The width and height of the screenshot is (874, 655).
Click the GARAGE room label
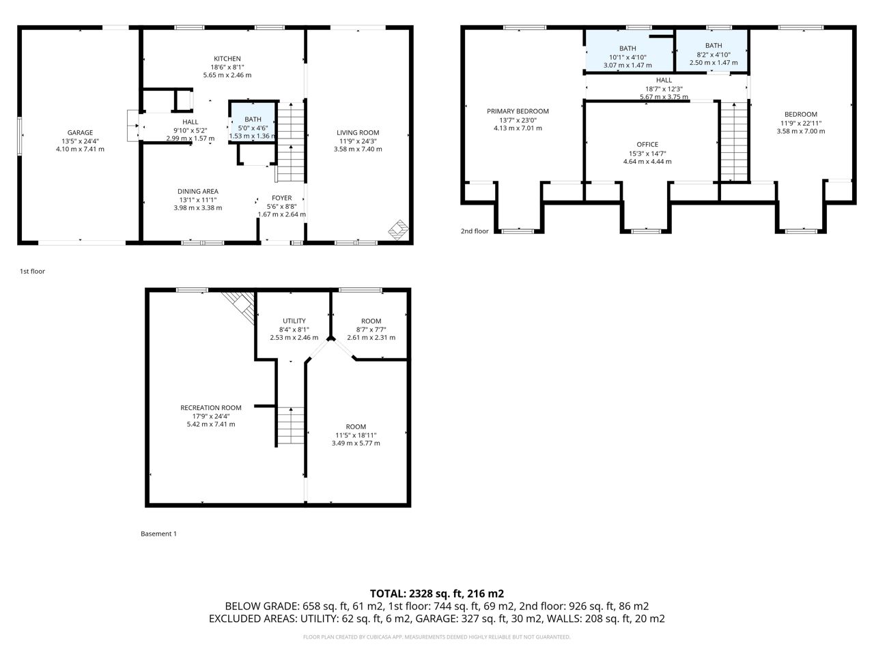click(80, 132)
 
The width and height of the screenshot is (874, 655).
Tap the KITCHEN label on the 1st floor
click(227, 59)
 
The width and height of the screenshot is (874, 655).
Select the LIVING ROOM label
click(358, 132)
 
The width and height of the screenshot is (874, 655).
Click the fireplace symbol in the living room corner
click(398, 230)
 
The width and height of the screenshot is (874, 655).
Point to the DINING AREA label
click(198, 191)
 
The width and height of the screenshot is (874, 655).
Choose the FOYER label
click(281, 198)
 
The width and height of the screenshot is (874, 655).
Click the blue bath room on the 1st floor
click(253, 122)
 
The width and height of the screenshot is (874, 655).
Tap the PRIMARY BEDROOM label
click(518, 111)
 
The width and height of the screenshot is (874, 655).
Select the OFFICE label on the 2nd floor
click(647, 145)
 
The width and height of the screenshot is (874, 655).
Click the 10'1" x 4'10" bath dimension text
click(628, 57)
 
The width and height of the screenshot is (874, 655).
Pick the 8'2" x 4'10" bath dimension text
click(713, 55)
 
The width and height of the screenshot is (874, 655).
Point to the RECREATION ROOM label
click(210, 407)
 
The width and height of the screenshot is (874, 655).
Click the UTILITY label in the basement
click(294, 321)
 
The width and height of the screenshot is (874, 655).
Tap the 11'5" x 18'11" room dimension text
click(356, 435)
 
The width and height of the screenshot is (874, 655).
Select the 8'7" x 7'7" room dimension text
click(371, 330)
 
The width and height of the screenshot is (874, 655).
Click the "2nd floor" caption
click(475, 231)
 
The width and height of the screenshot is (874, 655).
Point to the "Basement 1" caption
click(158, 534)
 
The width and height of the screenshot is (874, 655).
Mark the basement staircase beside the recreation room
click(291, 426)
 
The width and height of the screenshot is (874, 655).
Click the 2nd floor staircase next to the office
click(734, 142)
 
